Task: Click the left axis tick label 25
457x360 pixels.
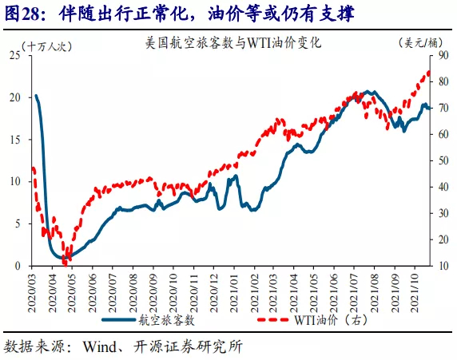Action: pyautogui.click(x=15, y=55)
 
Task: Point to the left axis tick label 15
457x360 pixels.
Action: pyautogui.click(x=15, y=140)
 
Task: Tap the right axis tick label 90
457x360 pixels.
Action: pyautogui.click(x=443, y=55)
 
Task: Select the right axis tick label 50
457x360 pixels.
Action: pyautogui.click(x=443, y=160)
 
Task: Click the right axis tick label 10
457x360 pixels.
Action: pyautogui.click(x=443, y=266)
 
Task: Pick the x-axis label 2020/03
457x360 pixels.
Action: pyautogui.click(x=31, y=293)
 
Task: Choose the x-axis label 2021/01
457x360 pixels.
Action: pyautogui.click(x=234, y=293)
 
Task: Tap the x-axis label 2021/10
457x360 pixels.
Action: pyautogui.click(x=415, y=293)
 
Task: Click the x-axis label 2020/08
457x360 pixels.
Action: pyautogui.click(x=133, y=293)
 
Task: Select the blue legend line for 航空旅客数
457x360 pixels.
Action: pyautogui.click(x=118, y=320)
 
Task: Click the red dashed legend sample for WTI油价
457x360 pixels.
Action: pyautogui.click(x=273, y=320)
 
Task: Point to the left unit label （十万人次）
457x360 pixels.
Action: pyautogui.click(x=46, y=46)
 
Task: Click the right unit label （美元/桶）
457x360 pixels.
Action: pyautogui.click(x=420, y=43)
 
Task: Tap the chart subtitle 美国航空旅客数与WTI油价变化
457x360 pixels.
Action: pyautogui.click(x=233, y=43)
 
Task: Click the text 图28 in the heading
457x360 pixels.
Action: pyautogui.click(x=22, y=14)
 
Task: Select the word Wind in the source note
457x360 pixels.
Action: pyautogui.click(x=100, y=346)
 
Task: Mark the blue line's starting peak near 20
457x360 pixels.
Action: pyautogui.click(x=36, y=96)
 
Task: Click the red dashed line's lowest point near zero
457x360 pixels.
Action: pyautogui.click(x=65, y=264)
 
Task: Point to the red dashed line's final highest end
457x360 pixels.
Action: pyautogui.click(x=428, y=72)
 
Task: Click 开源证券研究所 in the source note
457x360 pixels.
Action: pyautogui.click(x=189, y=346)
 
